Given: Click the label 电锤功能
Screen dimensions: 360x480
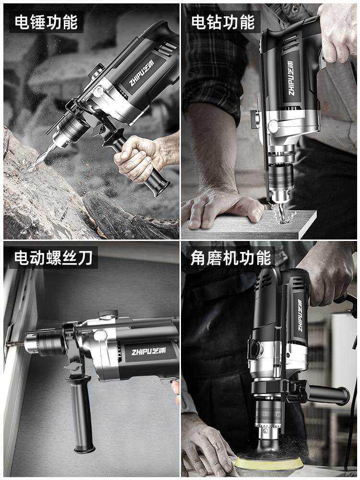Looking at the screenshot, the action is click(46, 22).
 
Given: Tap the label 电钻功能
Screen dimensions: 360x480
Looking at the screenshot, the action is click(223, 22).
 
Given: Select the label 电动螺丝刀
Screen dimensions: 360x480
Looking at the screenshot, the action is click(53, 258).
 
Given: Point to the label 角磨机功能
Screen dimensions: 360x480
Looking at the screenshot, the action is click(231, 258).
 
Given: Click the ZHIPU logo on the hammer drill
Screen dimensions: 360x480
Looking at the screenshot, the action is click(142, 73).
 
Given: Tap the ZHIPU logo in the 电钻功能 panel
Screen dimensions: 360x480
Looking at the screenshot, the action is click(291, 78).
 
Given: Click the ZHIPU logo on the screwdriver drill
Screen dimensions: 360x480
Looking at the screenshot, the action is click(149, 351).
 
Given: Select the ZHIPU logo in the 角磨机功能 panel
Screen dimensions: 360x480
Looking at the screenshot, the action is click(301, 315).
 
